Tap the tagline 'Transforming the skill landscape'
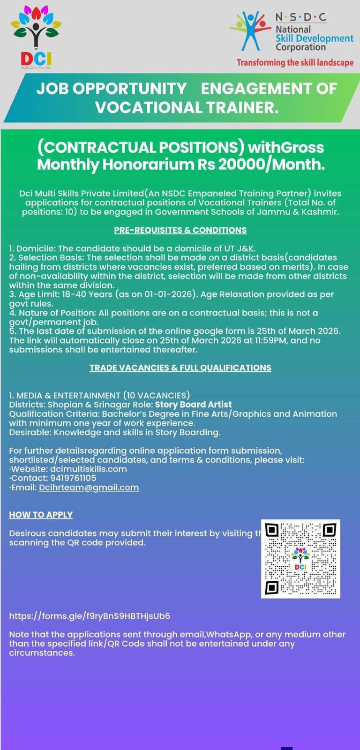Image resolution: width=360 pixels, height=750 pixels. [x=295, y=62]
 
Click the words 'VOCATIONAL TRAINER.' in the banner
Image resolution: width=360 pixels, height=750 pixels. [x=187, y=107]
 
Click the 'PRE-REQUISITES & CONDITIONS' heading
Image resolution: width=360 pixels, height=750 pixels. [x=180, y=230]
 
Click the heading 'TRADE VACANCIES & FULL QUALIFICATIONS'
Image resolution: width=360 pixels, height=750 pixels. [x=180, y=368]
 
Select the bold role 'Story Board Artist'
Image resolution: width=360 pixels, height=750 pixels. [x=193, y=405]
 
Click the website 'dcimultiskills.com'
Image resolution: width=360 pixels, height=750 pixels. [x=88, y=469]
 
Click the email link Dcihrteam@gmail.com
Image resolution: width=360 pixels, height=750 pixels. [x=89, y=487]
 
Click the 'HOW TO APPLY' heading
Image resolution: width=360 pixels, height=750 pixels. [x=41, y=515]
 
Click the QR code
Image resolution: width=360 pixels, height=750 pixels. [x=300, y=558]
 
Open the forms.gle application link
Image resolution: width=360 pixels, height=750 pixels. [x=90, y=616]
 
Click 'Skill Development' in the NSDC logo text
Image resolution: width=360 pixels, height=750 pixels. [x=314, y=38]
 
